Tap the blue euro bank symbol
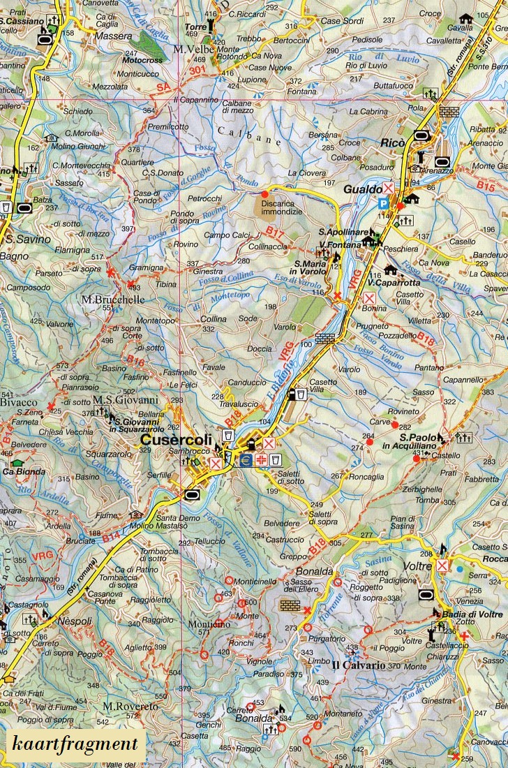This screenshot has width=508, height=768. point(245,461)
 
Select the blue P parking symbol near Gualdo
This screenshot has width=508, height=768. point(382,203)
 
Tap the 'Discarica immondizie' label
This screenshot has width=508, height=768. point(282,207)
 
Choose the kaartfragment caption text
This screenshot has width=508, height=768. point(75,744)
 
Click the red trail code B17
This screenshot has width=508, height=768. point(274,230)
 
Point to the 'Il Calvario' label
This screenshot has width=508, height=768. point(358,665)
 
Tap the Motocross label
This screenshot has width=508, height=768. point(142,61)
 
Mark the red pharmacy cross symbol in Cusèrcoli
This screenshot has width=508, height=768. point(260,461)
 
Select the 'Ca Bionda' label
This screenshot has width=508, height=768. point(24,471)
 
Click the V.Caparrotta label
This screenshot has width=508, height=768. point(394,283)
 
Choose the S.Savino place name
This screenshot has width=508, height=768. point(28,239)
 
